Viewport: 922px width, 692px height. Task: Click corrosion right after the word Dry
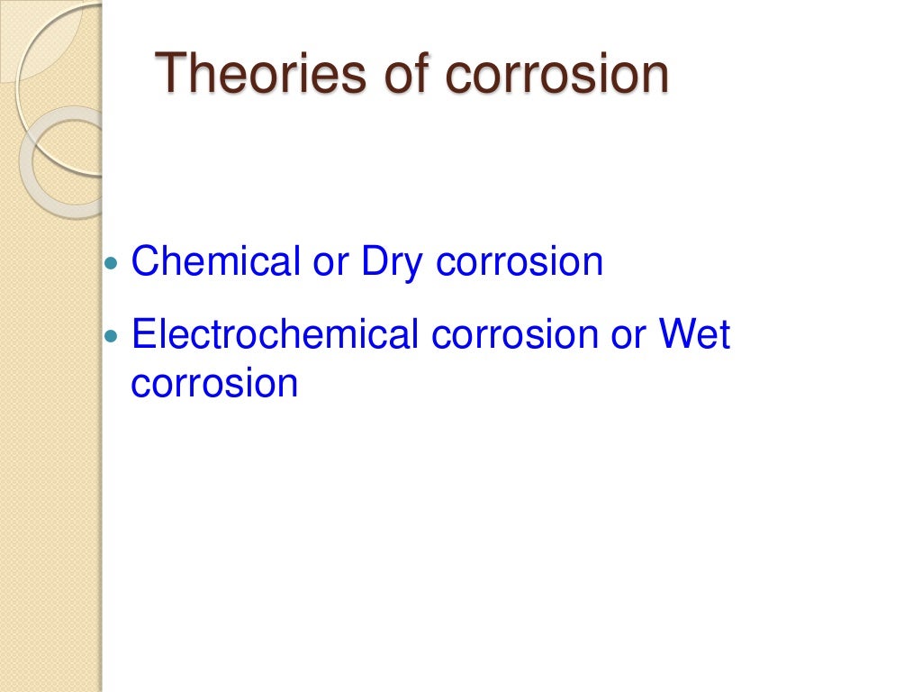[x=520, y=263]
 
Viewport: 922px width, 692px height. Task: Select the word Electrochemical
[x=276, y=335]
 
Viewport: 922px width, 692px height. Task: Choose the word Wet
[x=694, y=335]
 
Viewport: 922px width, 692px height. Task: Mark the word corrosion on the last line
[x=214, y=384]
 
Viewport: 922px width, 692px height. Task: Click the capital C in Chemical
[x=145, y=261]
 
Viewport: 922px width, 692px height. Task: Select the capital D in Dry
[x=372, y=261]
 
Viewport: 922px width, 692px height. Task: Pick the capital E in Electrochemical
[x=142, y=335]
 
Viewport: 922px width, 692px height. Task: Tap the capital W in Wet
[x=678, y=335]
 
